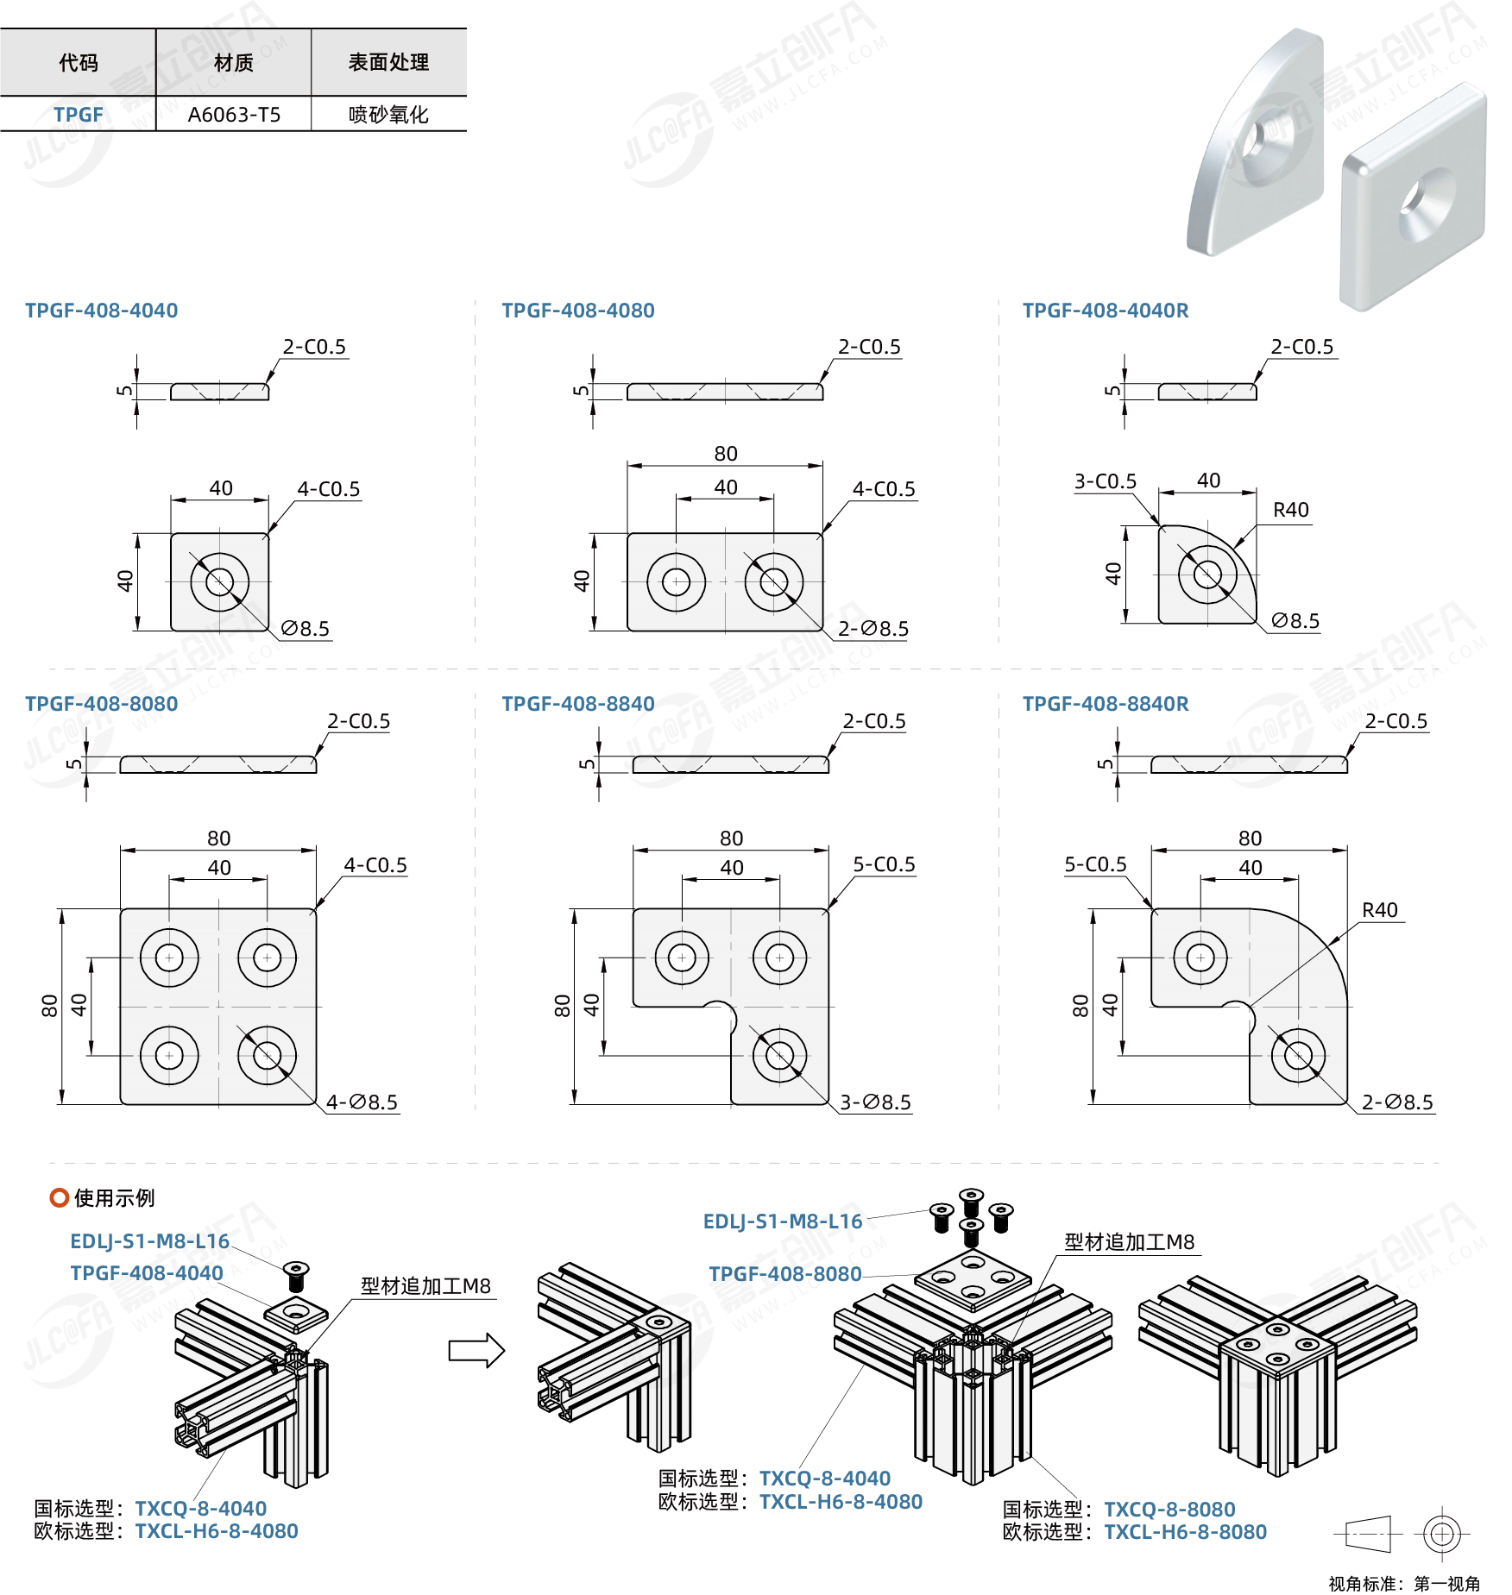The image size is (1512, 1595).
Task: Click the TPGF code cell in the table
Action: click(x=78, y=115)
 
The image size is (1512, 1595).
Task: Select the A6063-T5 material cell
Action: click(x=234, y=115)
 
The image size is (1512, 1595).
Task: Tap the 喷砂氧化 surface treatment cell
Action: click(x=388, y=115)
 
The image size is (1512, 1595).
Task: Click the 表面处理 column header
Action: click(x=388, y=62)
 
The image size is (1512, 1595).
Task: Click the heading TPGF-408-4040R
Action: click(x=1105, y=311)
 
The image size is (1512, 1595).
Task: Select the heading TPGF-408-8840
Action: click(x=577, y=704)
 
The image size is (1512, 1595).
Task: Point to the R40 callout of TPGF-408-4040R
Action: click(x=1290, y=510)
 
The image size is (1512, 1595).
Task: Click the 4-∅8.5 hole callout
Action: click(x=362, y=1102)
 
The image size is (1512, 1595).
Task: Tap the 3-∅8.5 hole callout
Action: click(x=875, y=1102)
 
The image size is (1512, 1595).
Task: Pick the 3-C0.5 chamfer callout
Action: click(x=1105, y=481)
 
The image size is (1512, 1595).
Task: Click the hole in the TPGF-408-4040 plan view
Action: click(x=219, y=581)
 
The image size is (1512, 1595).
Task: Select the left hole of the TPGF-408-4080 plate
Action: click(x=676, y=581)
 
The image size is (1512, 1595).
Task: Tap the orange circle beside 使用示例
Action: click(x=60, y=1197)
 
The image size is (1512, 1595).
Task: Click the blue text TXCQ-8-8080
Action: click(x=1169, y=1510)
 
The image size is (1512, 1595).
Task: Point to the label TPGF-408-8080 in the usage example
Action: click(x=784, y=1274)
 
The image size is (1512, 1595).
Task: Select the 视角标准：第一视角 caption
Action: click(x=1404, y=1584)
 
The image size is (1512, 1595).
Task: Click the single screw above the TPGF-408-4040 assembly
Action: click(x=296, y=1274)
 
